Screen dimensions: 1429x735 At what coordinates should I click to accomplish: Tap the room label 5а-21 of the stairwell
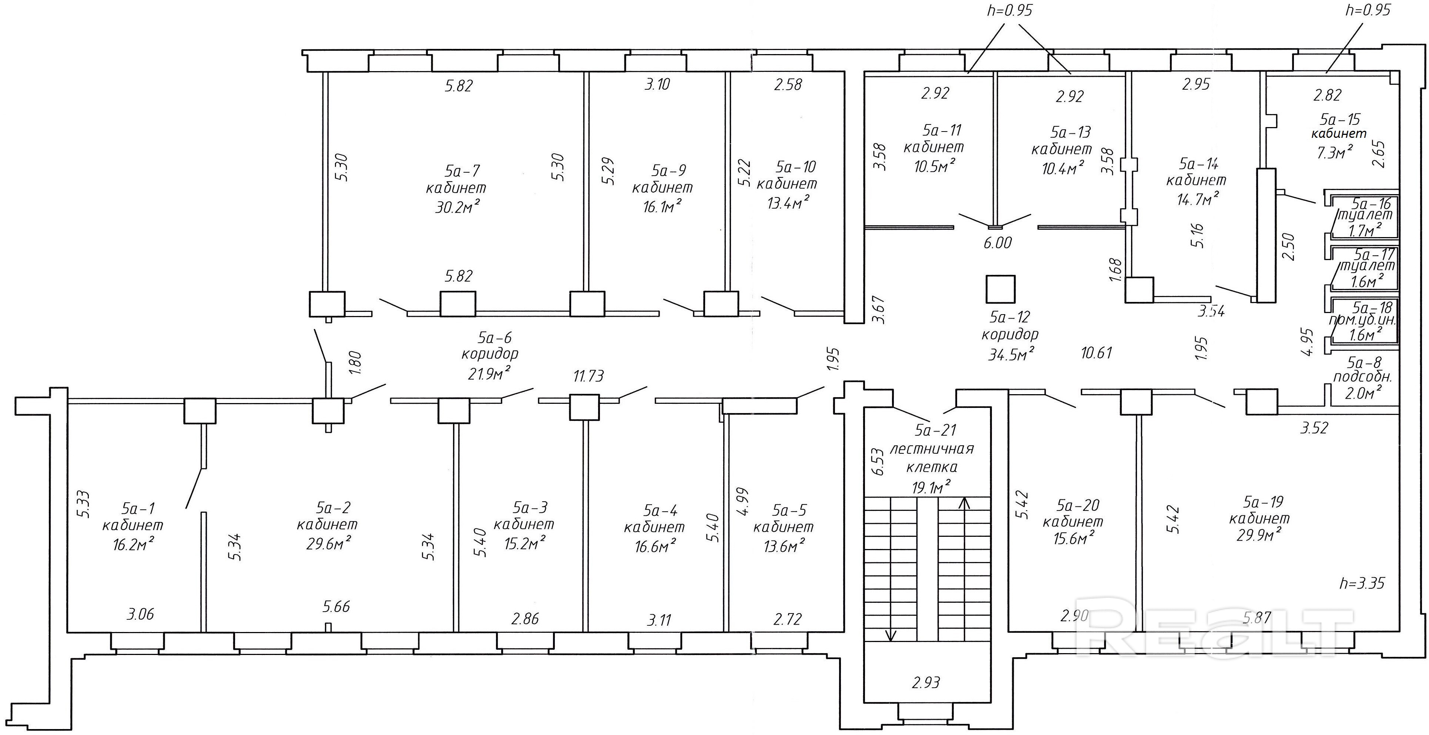[x=936, y=430]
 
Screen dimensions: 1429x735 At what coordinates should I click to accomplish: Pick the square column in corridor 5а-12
[x=1000, y=289]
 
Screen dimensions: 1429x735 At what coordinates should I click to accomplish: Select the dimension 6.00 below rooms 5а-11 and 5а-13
[x=998, y=243]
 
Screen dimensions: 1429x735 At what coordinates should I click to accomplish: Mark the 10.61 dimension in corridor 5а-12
[x=1096, y=353]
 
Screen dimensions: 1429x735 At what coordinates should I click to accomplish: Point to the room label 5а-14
[x=1198, y=164]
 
